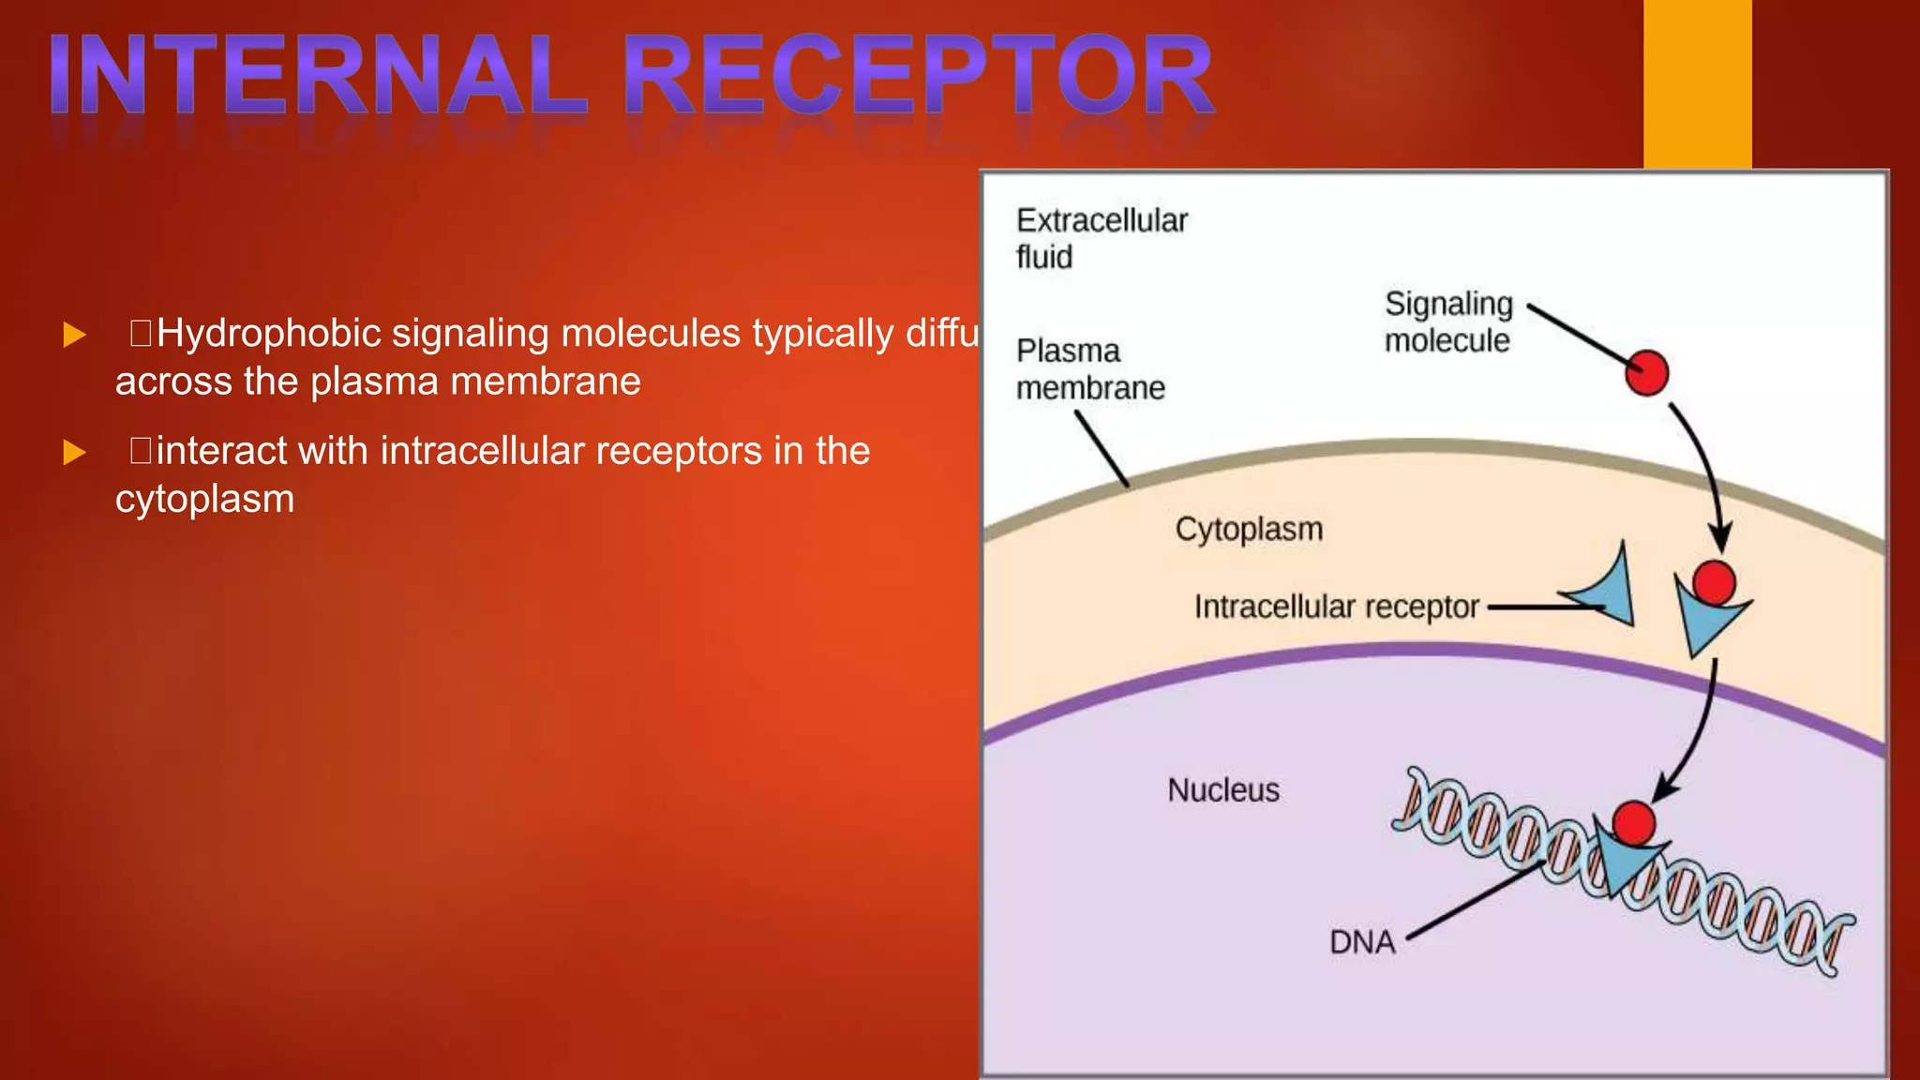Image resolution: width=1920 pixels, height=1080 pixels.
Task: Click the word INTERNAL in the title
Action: pos(319,75)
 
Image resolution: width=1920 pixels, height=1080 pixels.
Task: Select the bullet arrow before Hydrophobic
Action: pos(74,335)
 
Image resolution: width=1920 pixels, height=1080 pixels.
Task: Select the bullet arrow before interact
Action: pos(74,453)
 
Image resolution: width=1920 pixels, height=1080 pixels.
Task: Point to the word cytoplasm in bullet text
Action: pos(204,499)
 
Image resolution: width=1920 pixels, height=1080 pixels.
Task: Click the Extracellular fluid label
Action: pos(1101,238)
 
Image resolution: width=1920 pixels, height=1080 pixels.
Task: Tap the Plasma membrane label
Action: pos(1089,369)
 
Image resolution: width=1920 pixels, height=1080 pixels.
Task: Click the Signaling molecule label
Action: pos(1447,322)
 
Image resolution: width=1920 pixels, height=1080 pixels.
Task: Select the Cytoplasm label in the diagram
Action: pos(1249,530)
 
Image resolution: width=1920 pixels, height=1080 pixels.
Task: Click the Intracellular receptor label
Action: pos(1336,607)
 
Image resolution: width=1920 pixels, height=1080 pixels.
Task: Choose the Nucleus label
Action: pos(1222,790)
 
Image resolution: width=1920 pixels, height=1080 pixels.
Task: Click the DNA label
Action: pos(1361,941)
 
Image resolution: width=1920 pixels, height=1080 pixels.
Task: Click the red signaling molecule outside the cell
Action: pos(1646,373)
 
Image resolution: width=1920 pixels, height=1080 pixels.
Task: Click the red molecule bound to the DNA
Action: pos(1634,822)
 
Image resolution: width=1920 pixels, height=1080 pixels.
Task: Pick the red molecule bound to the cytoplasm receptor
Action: pos(1714,582)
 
